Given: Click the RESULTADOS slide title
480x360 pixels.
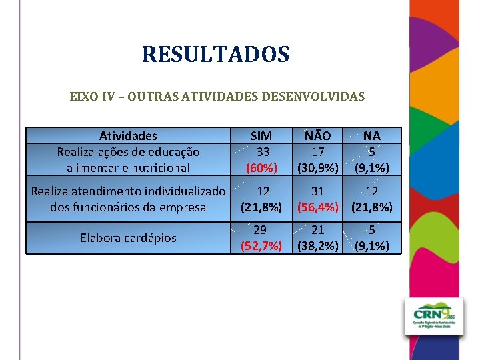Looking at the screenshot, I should point(215,54).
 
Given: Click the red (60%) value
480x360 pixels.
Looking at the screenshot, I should point(261,167).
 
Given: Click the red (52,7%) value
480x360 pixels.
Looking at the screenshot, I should point(261,245).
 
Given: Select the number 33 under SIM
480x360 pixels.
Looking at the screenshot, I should point(261,152).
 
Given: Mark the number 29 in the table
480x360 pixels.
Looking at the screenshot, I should point(261,230).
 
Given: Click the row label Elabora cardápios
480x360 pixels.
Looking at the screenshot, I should point(128,238).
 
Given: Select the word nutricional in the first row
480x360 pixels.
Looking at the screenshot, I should point(160,167).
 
